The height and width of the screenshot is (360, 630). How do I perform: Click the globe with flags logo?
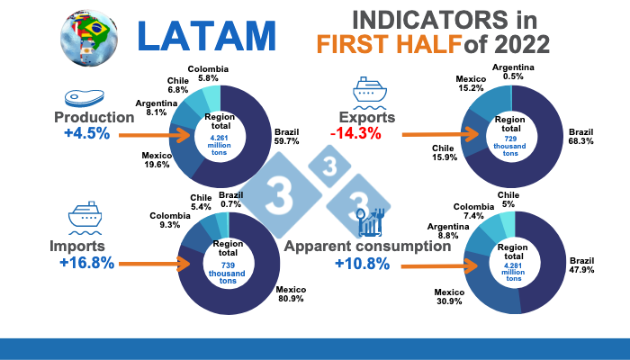tap(89, 36)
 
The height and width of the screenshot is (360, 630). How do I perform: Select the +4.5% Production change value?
tap(86, 134)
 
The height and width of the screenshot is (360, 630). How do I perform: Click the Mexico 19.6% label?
tap(157, 160)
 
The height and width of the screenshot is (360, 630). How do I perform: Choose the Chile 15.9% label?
tap(444, 153)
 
